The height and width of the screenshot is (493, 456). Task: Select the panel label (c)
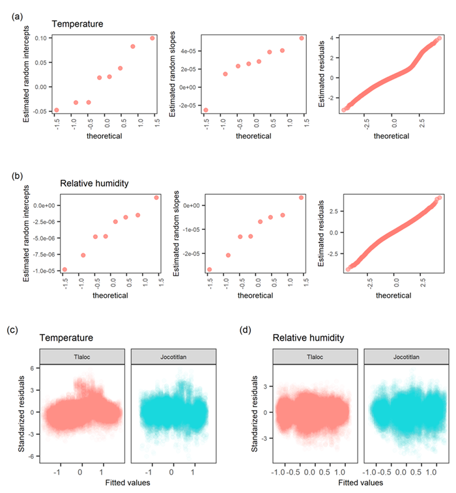12,330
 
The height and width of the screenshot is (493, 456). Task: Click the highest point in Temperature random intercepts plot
152,38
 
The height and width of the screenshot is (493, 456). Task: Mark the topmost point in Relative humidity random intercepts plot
156,197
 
